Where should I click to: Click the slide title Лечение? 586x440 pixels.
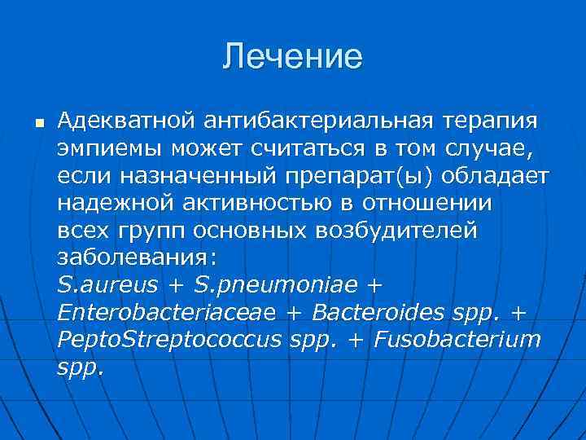(293, 57)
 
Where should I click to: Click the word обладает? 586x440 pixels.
(479, 177)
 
